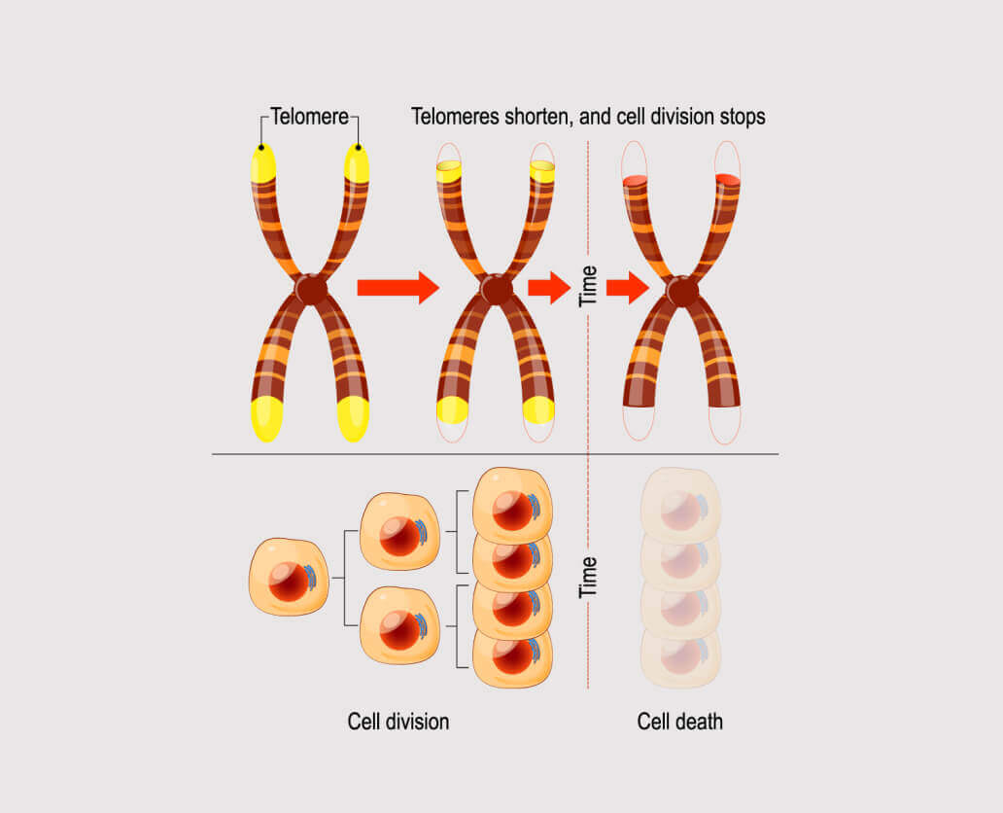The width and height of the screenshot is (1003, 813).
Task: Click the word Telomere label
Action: [309, 118]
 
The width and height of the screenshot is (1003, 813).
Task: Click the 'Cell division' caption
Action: [398, 722]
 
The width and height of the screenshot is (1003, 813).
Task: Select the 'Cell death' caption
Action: [680, 722]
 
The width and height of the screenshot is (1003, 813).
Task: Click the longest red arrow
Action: [398, 288]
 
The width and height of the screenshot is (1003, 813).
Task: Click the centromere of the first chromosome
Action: [311, 289]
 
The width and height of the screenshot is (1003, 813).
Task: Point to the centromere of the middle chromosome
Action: [497, 289]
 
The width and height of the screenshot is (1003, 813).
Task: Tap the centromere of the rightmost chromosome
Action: [682, 290]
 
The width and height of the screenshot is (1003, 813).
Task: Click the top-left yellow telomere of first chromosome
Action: [262, 163]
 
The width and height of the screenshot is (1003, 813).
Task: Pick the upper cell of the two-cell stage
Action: [399, 530]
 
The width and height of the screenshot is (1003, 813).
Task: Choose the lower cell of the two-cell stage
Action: [399, 626]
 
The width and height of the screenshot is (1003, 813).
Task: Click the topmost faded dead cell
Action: [680, 504]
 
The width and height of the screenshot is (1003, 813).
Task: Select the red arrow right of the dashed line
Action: [627, 288]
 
